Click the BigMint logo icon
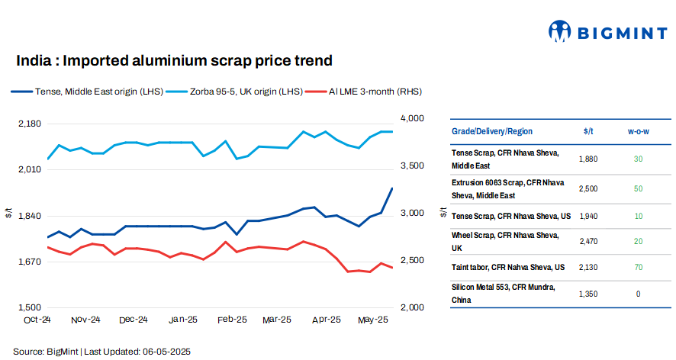(560, 31)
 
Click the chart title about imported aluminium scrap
(174, 60)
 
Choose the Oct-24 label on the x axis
(37, 320)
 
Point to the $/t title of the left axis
(8, 214)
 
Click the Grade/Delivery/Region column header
(492, 131)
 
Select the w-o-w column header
(638, 131)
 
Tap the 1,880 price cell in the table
(588, 159)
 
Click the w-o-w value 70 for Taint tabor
(638, 267)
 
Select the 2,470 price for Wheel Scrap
(588, 241)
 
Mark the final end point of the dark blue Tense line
(392, 188)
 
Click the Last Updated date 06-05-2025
(166, 351)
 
